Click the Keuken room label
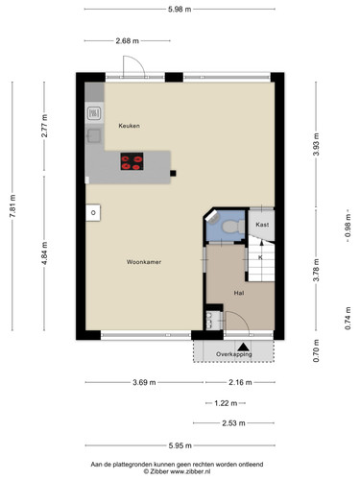point(129,126)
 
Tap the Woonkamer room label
point(144,262)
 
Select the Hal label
point(239,293)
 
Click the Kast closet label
point(262,225)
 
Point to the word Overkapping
point(233,354)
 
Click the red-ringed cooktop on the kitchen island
point(132,161)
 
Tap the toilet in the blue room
point(233,227)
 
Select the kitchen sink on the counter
point(93,135)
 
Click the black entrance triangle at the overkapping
point(243,347)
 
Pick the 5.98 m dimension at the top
point(180,10)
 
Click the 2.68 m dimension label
point(128,40)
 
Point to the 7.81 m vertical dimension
point(12,206)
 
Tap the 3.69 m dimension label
point(144,382)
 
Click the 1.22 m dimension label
point(226,403)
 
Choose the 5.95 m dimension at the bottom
point(180,445)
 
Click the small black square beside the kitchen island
point(173,174)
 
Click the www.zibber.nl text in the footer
point(190,471)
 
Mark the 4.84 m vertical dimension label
point(44,253)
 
